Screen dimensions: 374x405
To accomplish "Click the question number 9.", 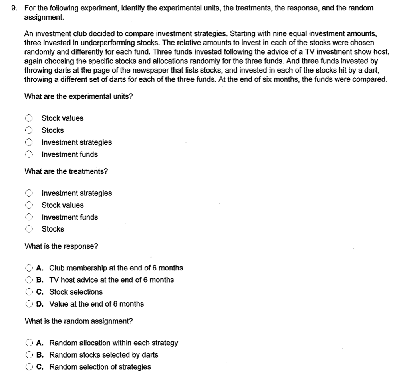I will [14, 8].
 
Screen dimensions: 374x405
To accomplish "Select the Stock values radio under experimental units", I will [29, 118].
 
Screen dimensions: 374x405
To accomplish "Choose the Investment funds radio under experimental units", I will [29, 154].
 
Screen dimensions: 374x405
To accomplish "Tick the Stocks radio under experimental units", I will [29, 130].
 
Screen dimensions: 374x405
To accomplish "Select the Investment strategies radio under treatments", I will [29, 193].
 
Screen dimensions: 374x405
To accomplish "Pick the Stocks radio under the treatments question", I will [29, 229].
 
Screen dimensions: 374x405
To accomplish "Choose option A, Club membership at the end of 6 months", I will [29, 268].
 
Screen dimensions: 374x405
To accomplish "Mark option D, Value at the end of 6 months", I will [29, 304].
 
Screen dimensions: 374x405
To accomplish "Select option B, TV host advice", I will [29, 280].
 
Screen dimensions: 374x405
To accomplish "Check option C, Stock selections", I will [29, 292].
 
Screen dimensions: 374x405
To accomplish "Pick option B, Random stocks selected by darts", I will [29, 355].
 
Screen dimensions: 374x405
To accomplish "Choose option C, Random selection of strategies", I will [29, 367].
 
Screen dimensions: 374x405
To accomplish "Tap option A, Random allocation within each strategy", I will [29, 343].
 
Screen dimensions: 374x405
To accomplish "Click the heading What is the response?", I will [61, 246].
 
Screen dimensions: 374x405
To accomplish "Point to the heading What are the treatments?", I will [66, 171].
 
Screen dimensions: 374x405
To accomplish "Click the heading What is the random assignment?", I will [79, 321].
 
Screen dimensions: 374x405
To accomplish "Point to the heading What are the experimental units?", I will [79, 96].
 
